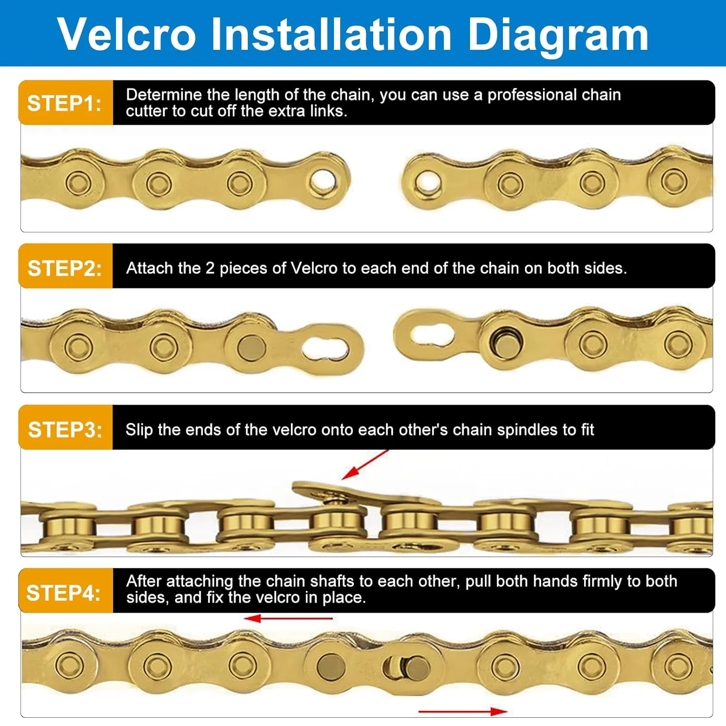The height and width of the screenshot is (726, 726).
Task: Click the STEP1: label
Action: point(64,104)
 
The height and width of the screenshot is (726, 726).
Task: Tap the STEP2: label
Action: point(64,268)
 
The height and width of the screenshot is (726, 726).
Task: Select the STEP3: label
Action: point(65,430)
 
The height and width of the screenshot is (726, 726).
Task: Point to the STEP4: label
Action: point(63,593)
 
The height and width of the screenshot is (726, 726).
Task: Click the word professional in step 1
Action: point(532,95)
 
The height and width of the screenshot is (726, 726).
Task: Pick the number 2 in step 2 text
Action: point(210,268)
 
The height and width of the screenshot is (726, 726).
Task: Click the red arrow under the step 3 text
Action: point(365,465)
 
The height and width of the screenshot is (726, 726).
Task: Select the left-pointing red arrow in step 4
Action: point(288,619)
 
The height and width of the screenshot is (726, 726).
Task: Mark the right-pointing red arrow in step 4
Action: point(463,711)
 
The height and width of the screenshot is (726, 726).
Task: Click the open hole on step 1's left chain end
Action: point(323,182)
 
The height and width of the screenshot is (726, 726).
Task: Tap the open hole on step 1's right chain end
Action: point(427,183)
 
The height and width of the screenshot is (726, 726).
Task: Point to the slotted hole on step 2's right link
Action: point(432,335)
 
